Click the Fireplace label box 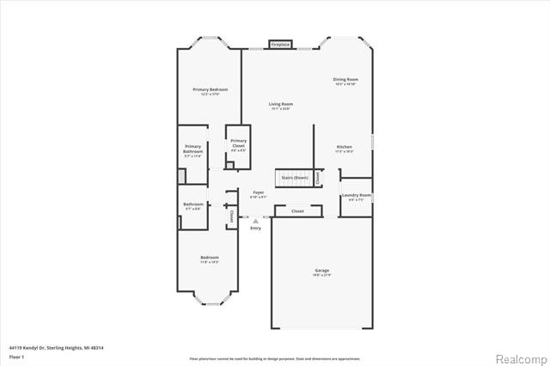tap(280, 44)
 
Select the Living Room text tap(281, 104)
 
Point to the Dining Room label tap(345, 80)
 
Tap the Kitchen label tap(344, 147)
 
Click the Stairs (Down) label tap(295, 178)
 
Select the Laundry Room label tap(356, 195)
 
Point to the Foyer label tap(258, 192)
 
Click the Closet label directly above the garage tap(297, 210)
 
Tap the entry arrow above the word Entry tap(254, 220)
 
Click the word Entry tap(255, 228)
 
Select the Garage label tap(321, 271)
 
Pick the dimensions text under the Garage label tap(321, 276)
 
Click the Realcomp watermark tap(518, 357)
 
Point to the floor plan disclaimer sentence tap(275, 357)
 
